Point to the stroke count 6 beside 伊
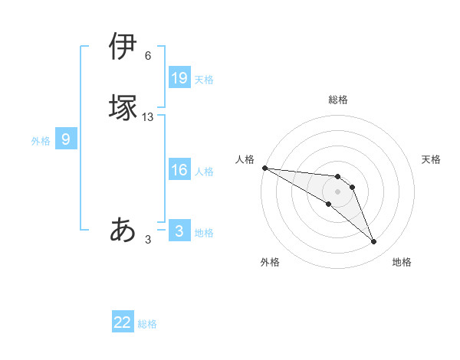(x=148, y=56)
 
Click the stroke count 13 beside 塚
(x=148, y=117)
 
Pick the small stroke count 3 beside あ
(x=148, y=240)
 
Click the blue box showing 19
(x=179, y=78)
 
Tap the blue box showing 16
(x=179, y=170)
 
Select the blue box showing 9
(x=66, y=139)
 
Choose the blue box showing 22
(x=123, y=322)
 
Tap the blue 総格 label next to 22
(x=147, y=324)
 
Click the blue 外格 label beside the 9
(x=41, y=141)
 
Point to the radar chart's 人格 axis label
(x=245, y=159)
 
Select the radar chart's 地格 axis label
(x=402, y=262)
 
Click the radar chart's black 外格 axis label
(x=270, y=262)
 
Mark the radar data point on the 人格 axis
(x=264, y=168)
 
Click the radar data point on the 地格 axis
(x=374, y=242)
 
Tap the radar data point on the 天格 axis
(x=353, y=187)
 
